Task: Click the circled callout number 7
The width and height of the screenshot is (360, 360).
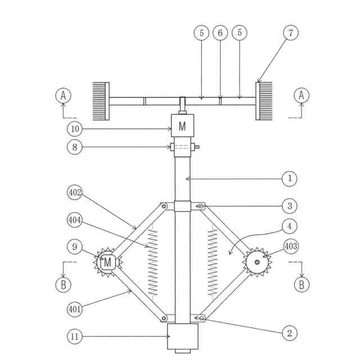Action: [x=291, y=33]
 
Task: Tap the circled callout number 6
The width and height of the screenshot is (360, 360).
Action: [x=220, y=33]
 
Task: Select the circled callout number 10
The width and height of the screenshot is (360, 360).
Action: [x=75, y=129]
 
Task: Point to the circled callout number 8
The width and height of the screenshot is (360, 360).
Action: [x=75, y=147]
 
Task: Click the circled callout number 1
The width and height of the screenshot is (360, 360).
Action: [x=290, y=178]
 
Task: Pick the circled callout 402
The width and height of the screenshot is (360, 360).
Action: [x=75, y=192]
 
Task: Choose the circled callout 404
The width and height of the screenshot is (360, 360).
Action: [x=75, y=220]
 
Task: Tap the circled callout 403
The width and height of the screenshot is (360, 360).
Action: [x=291, y=246]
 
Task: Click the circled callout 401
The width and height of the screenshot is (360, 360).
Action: [x=75, y=309]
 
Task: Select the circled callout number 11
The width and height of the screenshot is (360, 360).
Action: [x=75, y=336]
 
